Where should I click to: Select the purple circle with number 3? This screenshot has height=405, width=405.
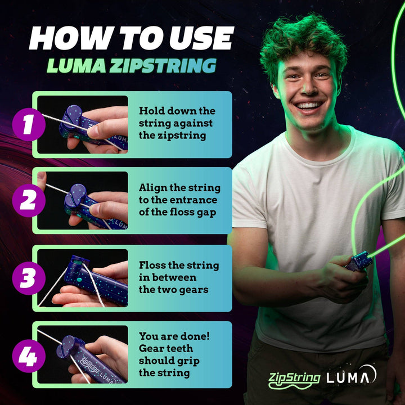(x=28, y=277)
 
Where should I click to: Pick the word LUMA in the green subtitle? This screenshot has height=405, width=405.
(x=75, y=65)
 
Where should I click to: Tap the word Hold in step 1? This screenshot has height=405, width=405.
(x=152, y=111)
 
